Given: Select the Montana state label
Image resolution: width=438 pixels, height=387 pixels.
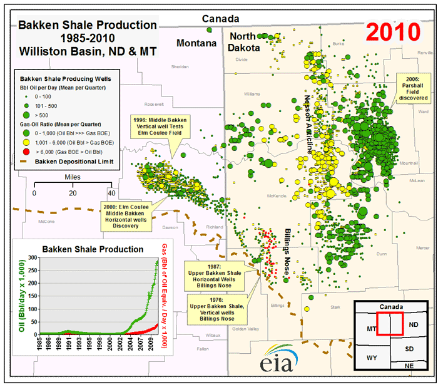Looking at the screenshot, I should point(196,43).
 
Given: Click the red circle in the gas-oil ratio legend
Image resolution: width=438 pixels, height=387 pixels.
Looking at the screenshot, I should point(26,151).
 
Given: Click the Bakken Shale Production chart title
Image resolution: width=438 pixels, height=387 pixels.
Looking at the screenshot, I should point(93,249).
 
